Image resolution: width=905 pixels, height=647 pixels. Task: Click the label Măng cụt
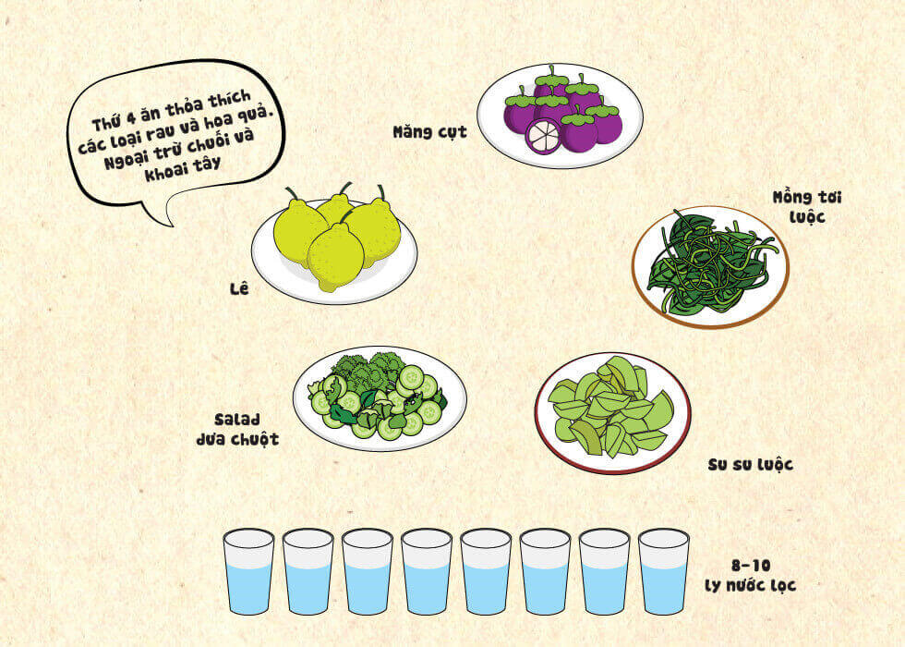(x=429, y=132)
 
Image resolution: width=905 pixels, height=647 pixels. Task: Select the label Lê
(x=239, y=287)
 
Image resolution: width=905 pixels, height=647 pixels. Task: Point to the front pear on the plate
(x=335, y=257)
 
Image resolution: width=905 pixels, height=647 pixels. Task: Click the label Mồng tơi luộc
(x=807, y=207)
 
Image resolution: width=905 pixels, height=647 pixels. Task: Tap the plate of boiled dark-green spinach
(x=710, y=267)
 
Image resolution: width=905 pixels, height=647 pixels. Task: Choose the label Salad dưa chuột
(x=238, y=429)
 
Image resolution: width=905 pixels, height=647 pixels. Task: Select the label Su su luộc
(x=750, y=464)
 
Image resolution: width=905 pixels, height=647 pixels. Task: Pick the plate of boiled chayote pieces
(x=613, y=413)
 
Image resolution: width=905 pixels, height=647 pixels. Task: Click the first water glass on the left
(x=248, y=571)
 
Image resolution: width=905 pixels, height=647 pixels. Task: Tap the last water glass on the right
(x=664, y=571)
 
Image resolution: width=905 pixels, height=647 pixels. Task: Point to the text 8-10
(x=750, y=565)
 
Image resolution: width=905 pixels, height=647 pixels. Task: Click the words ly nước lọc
(x=750, y=585)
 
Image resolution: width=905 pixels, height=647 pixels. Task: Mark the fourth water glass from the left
(x=427, y=571)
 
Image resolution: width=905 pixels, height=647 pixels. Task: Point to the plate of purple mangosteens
(x=560, y=116)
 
